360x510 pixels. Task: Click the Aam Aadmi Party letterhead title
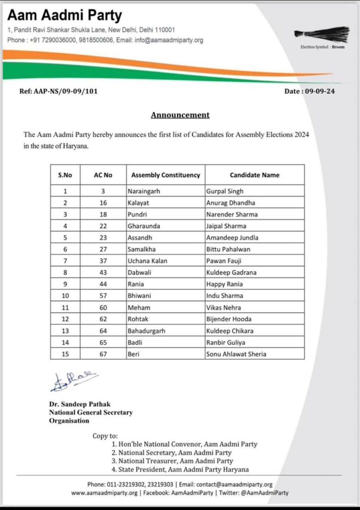(64, 15)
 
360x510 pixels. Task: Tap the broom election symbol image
(321, 34)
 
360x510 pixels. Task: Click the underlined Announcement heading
(180, 115)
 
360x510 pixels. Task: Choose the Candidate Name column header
(254, 175)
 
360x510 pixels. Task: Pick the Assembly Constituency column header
(165, 175)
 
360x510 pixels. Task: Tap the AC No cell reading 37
(104, 261)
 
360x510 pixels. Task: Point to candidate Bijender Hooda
(229, 319)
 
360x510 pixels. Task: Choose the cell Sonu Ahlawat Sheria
(236, 354)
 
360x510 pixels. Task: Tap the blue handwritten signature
(74, 381)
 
